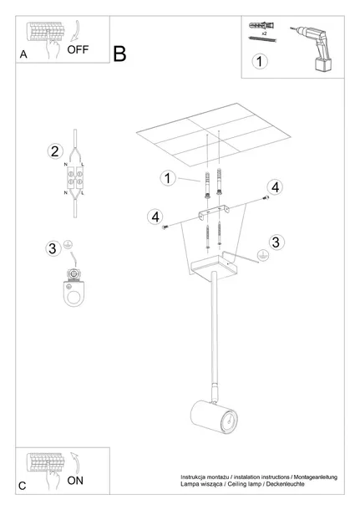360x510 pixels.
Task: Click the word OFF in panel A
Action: (x=78, y=49)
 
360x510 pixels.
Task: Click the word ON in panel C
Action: (x=75, y=481)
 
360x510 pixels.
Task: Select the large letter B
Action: (x=119, y=54)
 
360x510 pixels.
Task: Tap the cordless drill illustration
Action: (x=312, y=48)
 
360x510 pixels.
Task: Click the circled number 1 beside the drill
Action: (x=260, y=61)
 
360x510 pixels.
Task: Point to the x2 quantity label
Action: (x=264, y=33)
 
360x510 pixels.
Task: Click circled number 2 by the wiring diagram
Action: (x=54, y=151)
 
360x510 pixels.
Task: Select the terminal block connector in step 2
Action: (x=75, y=178)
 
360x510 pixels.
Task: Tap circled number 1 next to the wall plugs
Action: (x=168, y=178)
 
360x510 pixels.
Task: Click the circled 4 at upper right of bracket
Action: (x=275, y=187)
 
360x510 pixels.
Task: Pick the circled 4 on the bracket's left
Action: (x=155, y=217)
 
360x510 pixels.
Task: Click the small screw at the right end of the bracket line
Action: (x=266, y=197)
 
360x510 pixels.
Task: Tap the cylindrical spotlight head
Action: (x=214, y=417)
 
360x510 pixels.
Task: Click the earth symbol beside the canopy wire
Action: (x=262, y=256)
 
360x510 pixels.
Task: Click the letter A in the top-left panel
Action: (x=23, y=54)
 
